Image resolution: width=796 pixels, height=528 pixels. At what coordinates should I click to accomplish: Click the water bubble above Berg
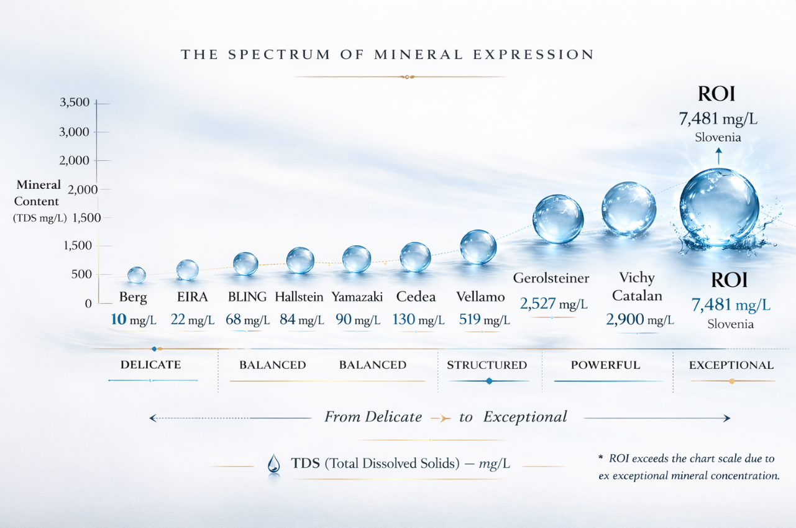[x=136, y=275]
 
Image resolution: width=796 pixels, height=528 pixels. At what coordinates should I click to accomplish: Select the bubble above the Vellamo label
[x=478, y=247]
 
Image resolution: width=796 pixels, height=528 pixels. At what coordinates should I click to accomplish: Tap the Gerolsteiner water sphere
[x=557, y=219]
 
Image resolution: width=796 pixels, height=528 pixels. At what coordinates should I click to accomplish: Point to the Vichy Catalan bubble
[x=628, y=209]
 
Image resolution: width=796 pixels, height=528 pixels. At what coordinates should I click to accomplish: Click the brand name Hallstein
[x=299, y=297]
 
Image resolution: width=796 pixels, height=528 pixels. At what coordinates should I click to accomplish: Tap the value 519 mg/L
[x=484, y=320]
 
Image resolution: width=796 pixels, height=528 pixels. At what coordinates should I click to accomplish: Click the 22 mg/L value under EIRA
[x=193, y=320]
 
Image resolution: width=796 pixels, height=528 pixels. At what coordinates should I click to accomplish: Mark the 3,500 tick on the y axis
[x=75, y=102]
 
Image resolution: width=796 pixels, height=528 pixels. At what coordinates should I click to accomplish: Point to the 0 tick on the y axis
[x=88, y=303]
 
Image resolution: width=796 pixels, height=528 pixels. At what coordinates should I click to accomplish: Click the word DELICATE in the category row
[x=150, y=365]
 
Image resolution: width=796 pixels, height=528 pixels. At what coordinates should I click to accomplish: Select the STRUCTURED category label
[x=487, y=365]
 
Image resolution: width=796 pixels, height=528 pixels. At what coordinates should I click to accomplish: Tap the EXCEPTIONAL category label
[x=731, y=365]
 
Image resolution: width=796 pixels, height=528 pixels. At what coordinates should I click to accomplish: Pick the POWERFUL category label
[x=605, y=365]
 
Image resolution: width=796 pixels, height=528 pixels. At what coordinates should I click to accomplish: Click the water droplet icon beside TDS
[x=273, y=464]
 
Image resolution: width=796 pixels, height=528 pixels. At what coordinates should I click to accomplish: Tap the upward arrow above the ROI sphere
[x=718, y=155]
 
